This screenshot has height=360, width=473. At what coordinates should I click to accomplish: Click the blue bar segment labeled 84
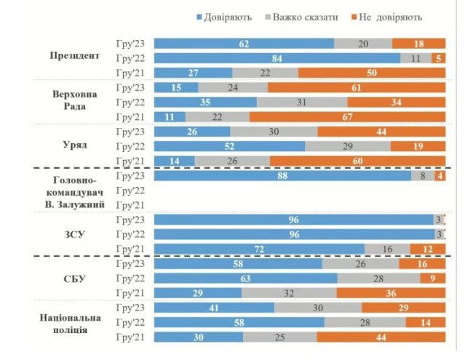click(x=277, y=58)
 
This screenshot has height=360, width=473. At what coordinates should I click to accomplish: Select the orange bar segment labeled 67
click(x=347, y=117)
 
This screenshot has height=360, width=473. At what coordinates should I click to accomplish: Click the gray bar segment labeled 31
click(x=301, y=102)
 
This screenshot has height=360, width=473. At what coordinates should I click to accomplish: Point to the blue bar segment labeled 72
click(x=259, y=249)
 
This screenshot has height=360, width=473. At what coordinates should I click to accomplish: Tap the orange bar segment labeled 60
click(x=357, y=161)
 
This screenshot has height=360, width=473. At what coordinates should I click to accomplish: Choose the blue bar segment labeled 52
click(x=230, y=146)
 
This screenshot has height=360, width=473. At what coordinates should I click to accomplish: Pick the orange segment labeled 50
click(x=372, y=73)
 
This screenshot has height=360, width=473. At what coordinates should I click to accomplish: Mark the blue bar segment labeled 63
click(x=246, y=279)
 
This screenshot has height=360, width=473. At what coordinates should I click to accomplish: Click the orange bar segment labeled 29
click(x=404, y=308)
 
